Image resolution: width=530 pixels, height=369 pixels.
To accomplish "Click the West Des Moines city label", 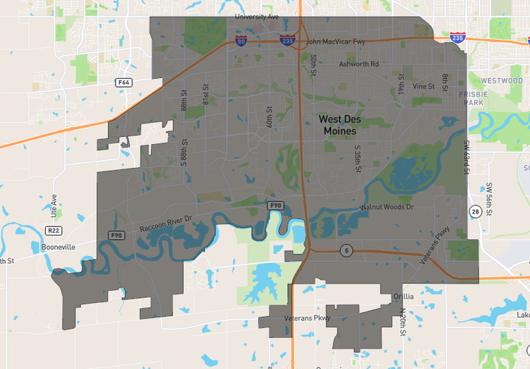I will pos(340,125).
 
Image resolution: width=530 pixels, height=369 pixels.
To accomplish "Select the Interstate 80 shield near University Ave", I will pos(241,40).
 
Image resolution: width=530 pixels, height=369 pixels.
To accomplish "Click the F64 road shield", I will pos(124,82).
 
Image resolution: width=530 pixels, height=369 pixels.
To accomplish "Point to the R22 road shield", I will pos(53,231).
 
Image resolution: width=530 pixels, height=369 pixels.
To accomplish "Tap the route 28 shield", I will pos(476,212).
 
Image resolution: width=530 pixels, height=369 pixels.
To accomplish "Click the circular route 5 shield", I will pos(346,250).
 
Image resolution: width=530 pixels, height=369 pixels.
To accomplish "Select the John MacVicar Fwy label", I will pos(336,42).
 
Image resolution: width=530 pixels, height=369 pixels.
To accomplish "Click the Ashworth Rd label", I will pos(359,64).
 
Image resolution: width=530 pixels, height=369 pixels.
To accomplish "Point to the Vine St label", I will pos(424,86).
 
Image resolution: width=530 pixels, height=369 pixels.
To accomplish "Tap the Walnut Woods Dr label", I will pos(387,207).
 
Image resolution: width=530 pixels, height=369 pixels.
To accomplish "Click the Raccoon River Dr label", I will pos(165,224).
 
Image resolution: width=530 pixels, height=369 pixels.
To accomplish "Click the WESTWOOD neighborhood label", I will pos(502,81).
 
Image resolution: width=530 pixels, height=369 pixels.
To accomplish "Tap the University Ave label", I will pos(257,16).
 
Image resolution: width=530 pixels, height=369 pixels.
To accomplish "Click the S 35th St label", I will pos(358,160).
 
